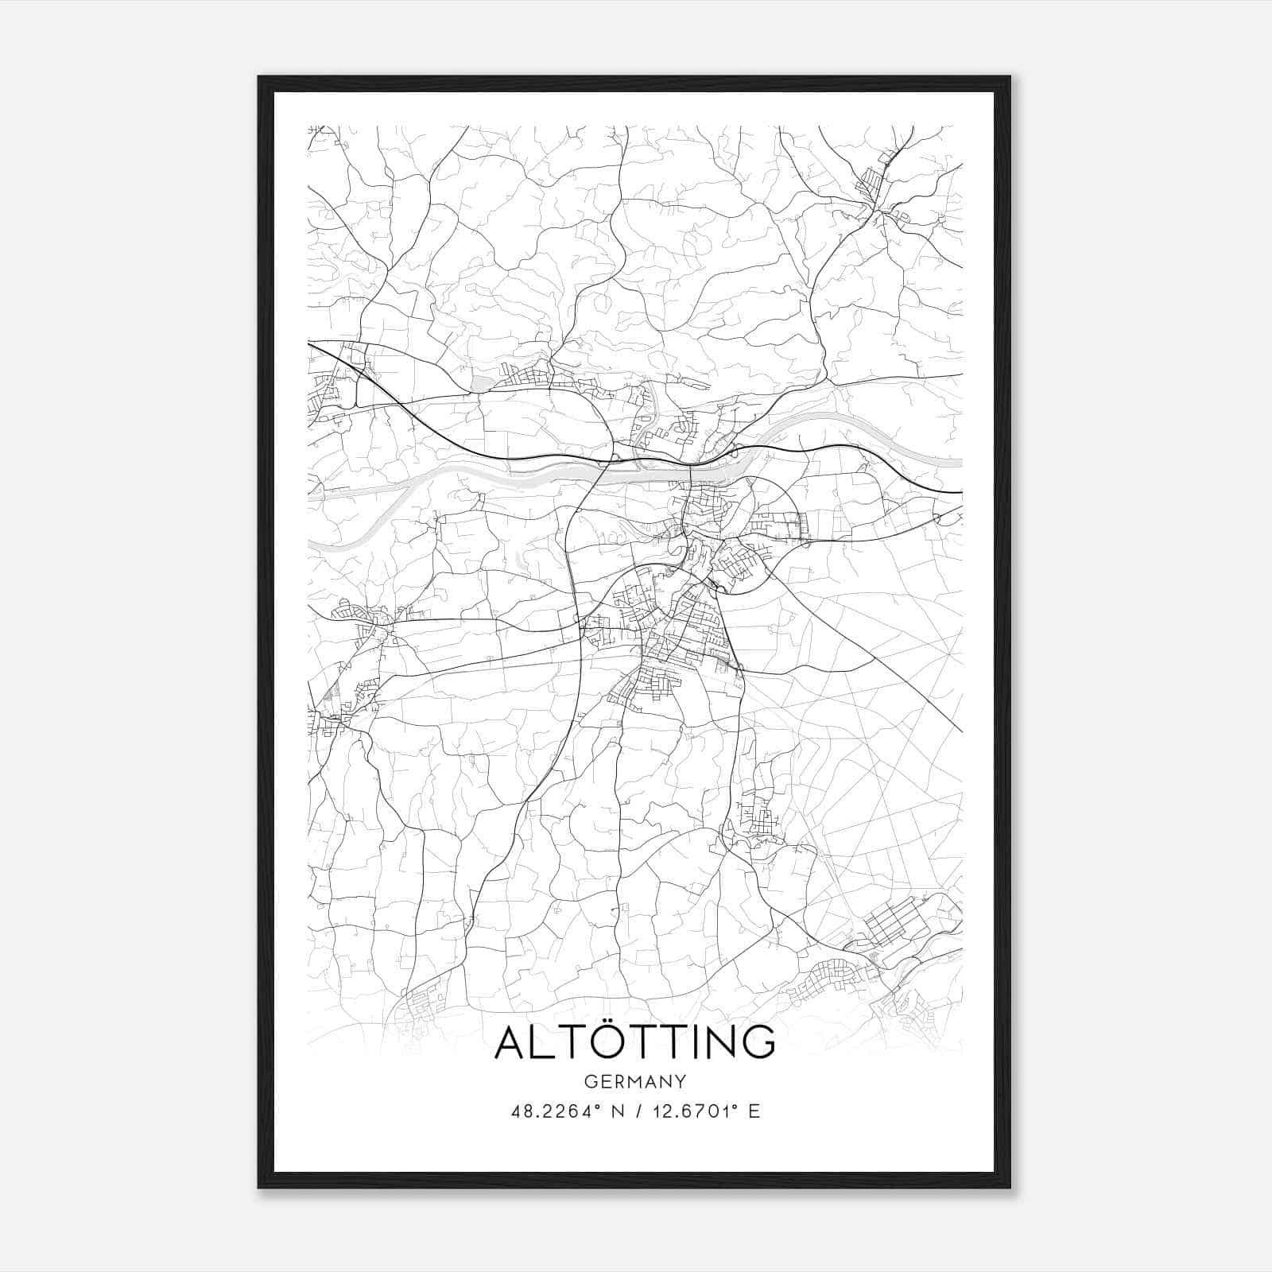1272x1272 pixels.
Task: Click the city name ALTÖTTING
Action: [x=634, y=1042]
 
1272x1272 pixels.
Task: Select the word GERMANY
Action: [x=634, y=1081]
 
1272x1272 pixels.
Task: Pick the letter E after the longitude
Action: [x=754, y=1111]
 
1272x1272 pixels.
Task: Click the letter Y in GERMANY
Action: [x=681, y=1081]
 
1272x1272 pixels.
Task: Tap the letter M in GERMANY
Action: [x=632, y=1081]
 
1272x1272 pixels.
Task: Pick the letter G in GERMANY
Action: [x=589, y=1081]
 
